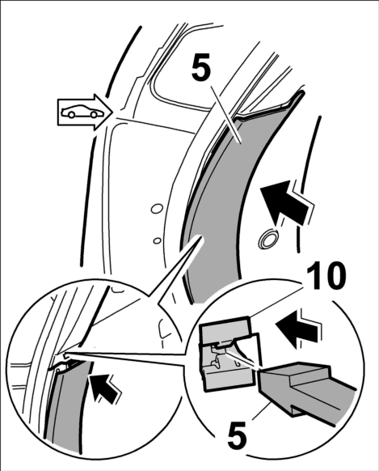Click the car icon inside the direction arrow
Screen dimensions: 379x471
[78, 112]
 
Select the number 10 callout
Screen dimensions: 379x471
[326, 277]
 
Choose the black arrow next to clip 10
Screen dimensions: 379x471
[298, 329]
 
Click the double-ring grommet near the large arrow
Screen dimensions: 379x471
[268, 240]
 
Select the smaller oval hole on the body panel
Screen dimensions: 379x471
[157, 240]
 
